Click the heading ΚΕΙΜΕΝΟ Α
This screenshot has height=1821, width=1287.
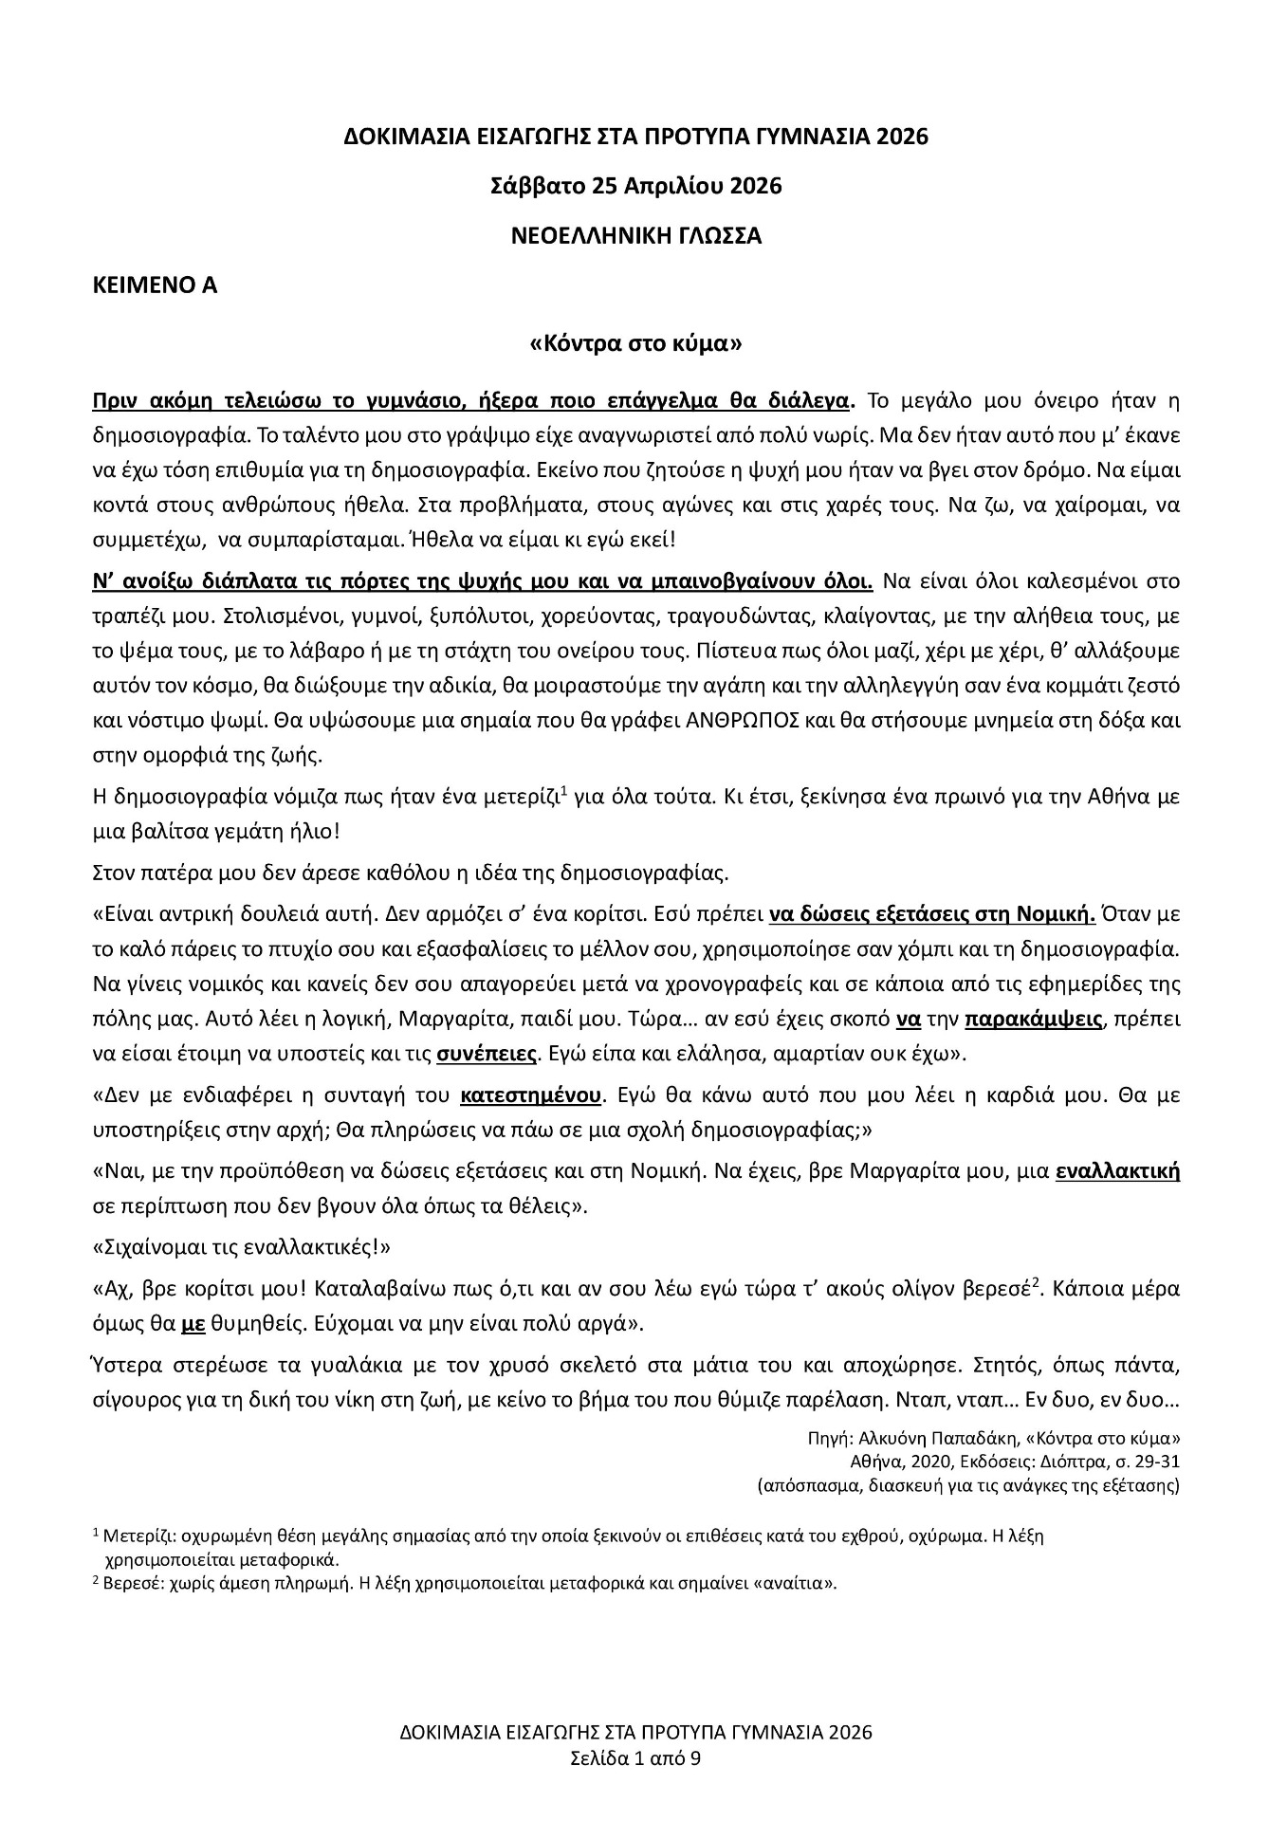click(x=154, y=285)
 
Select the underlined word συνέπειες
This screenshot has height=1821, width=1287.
click(x=487, y=1053)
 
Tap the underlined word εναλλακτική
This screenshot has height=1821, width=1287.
click(x=1117, y=1171)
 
